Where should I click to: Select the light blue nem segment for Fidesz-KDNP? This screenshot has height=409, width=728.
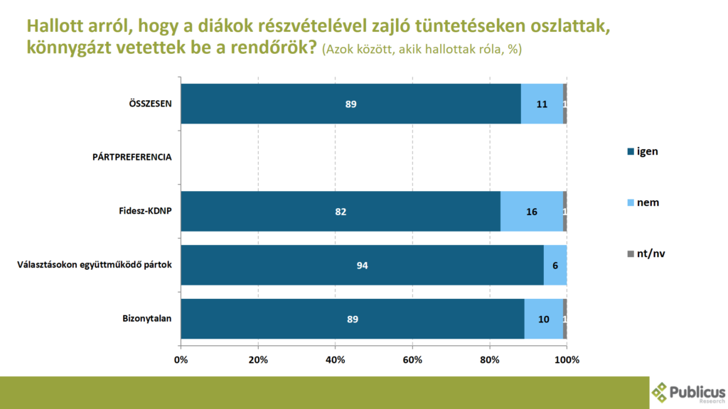click(x=531, y=211)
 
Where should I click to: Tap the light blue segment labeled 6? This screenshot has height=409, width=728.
click(x=555, y=265)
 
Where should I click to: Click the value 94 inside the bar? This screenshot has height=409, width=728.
click(x=362, y=265)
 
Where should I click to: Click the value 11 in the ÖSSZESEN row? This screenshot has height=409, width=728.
click(x=542, y=104)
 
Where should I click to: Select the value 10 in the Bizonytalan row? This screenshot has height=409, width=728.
click(x=543, y=319)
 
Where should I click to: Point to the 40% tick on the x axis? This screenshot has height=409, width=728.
click(x=335, y=360)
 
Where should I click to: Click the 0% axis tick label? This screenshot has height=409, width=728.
click(x=181, y=360)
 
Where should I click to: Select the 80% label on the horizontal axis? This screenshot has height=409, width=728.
click(x=490, y=360)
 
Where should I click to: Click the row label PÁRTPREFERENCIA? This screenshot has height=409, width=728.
click(x=131, y=157)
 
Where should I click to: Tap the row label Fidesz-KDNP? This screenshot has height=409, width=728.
click(x=145, y=211)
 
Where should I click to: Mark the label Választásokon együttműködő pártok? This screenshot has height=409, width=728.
click(x=95, y=265)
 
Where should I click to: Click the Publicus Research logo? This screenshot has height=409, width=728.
click(x=688, y=393)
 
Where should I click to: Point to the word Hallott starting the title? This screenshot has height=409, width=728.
click(x=54, y=26)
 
